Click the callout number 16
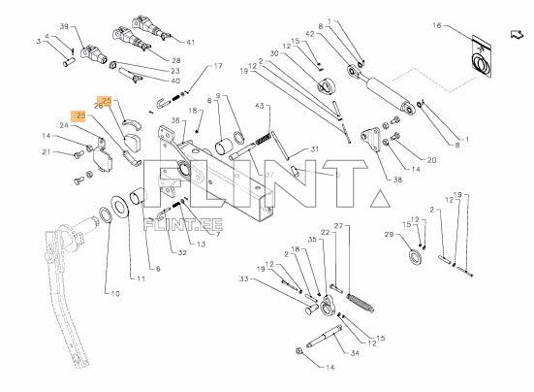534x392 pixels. tap(437, 25)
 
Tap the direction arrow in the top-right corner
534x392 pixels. tap(517, 34)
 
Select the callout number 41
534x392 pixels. tap(190, 43)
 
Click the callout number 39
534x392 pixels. tap(64, 26)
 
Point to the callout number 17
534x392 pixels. tap(218, 66)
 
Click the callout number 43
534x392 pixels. tap(260, 106)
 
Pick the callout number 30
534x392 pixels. tap(274, 53)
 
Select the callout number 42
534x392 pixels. tap(309, 34)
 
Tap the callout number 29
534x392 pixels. tap(389, 235)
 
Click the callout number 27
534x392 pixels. tap(338, 226)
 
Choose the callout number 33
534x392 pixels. tap(244, 279)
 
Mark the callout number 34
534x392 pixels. tap(355, 353)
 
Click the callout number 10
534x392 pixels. tap(115, 293)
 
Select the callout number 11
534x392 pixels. tap(141, 278)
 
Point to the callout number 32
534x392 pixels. tap(182, 252)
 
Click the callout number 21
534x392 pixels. tap(47, 152)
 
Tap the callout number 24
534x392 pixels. tap(64, 125)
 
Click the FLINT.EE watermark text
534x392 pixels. tap(183, 225)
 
